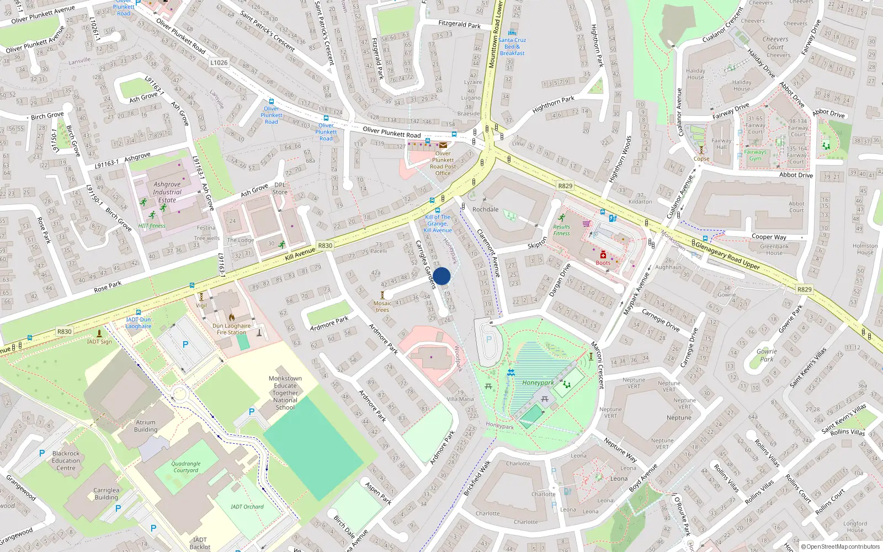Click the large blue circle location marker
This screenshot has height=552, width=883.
click(x=441, y=276)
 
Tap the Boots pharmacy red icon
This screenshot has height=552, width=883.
click(x=603, y=255)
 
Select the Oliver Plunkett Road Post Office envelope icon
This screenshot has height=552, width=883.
click(x=443, y=145)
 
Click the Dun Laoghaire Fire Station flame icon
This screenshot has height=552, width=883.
click(x=232, y=317)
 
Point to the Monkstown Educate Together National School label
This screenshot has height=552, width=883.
click(x=285, y=393)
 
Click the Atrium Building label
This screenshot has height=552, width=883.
click(x=146, y=426)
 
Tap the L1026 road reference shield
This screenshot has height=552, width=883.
click(x=219, y=62)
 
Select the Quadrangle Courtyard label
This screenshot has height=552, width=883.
click(x=186, y=467)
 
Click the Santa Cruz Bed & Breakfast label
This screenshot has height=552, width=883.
click(x=512, y=46)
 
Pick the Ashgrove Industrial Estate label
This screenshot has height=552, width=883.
click(x=167, y=192)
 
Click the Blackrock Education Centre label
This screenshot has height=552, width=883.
click(x=66, y=460)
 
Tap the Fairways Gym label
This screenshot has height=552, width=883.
click(x=755, y=155)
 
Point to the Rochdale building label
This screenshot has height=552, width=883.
click(x=485, y=209)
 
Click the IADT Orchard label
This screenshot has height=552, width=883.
click(x=247, y=506)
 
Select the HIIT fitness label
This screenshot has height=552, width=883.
click(x=152, y=226)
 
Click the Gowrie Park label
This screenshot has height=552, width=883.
click(x=767, y=355)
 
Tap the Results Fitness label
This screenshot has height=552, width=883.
click(x=561, y=230)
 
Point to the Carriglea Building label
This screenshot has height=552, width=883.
click(x=106, y=493)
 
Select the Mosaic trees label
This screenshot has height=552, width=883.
click(x=382, y=306)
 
